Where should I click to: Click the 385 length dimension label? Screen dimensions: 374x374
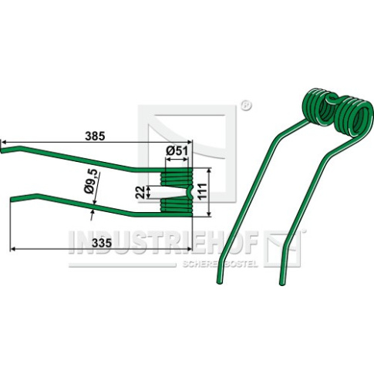(95, 136)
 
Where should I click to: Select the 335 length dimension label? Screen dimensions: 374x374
(102, 242)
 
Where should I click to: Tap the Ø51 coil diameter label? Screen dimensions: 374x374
(177, 151)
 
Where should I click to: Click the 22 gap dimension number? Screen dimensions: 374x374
(140, 192)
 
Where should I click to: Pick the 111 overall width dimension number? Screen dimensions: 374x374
(202, 190)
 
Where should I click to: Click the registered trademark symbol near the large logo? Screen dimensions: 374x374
(246, 106)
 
